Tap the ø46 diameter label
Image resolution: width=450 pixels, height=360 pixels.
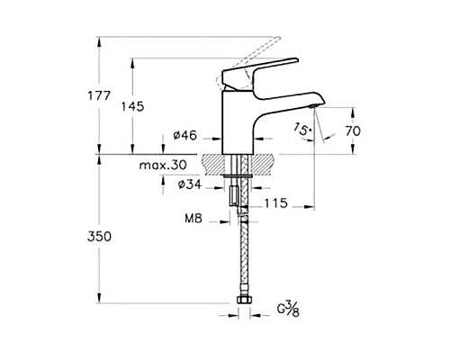[185, 136]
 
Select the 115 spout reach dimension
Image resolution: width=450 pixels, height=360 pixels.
[275, 205]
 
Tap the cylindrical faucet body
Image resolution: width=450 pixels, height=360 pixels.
[240, 121]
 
